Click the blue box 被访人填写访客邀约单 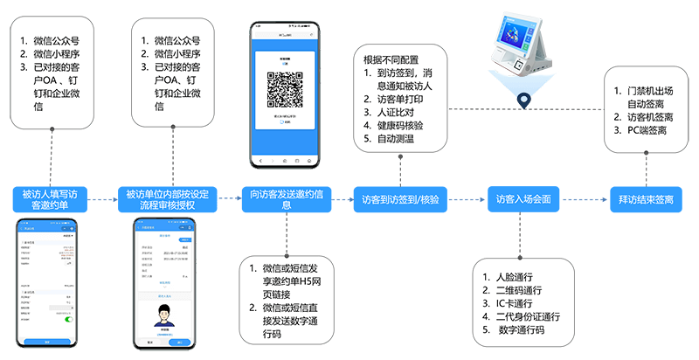[x=49, y=199]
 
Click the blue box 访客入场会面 [x=523, y=199]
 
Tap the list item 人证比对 [x=394, y=112]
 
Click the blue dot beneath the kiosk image [x=524, y=99]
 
